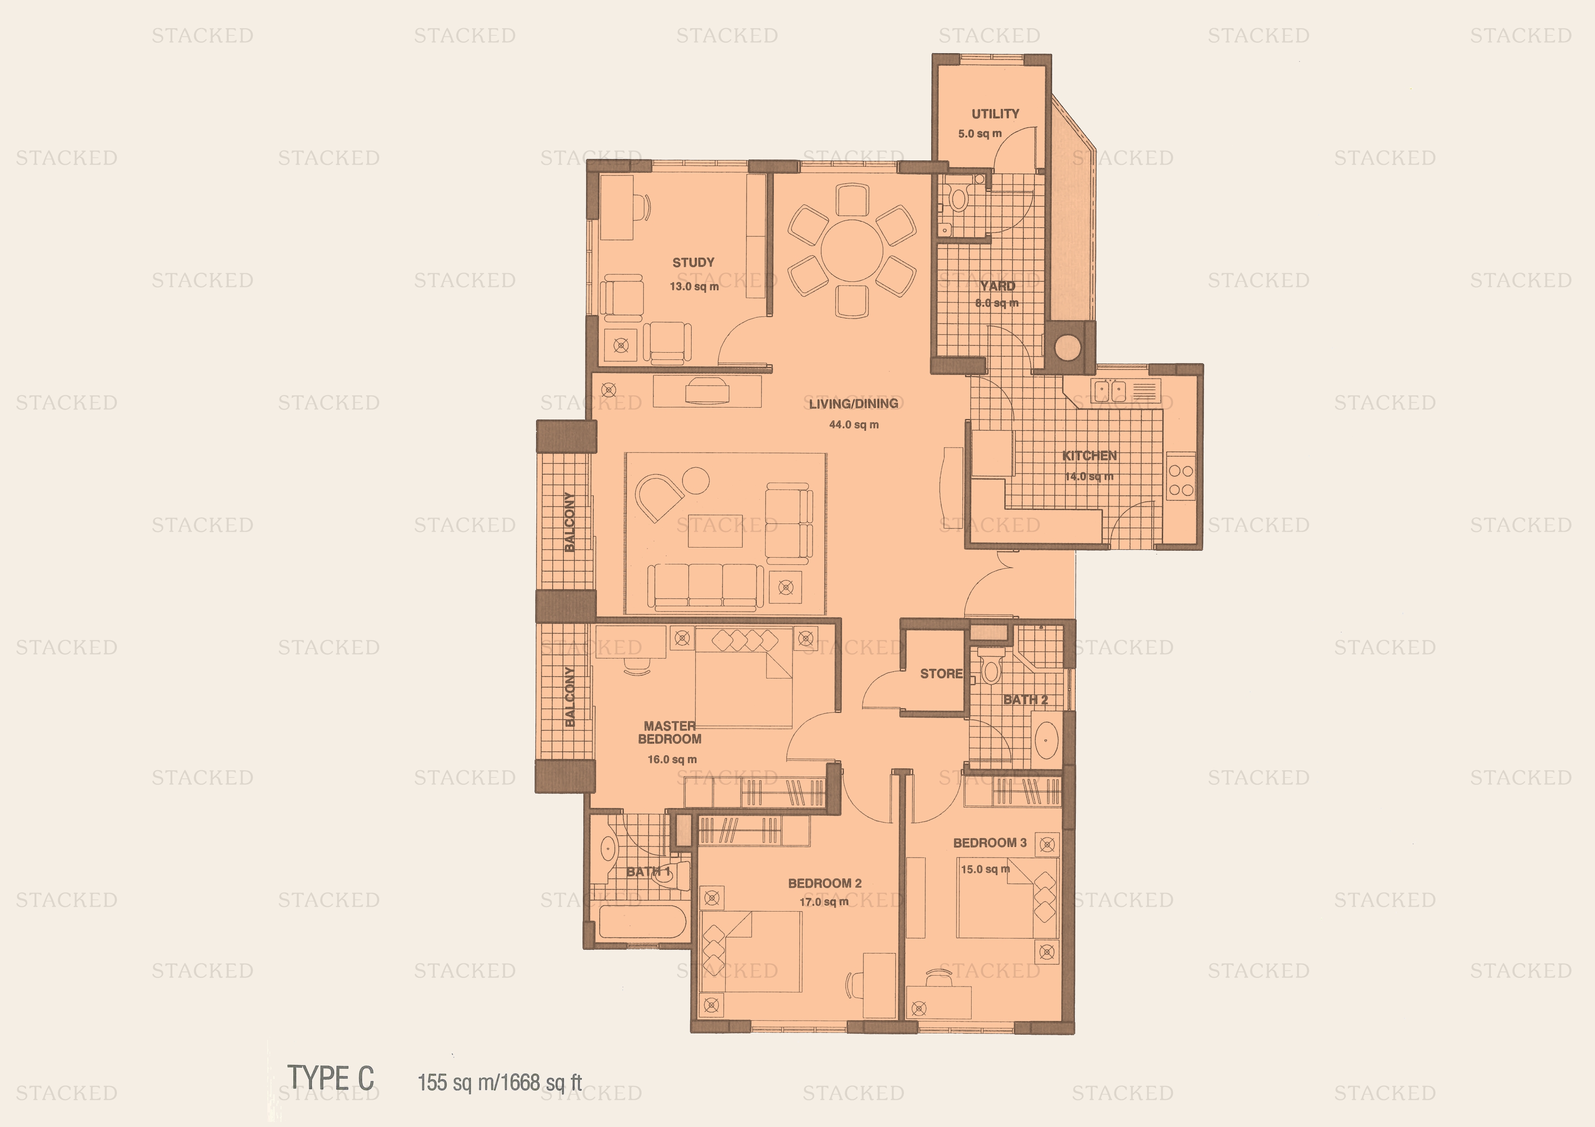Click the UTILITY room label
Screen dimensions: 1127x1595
(995, 114)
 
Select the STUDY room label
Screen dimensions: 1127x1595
(692, 263)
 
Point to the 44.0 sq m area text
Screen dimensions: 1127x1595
(853, 424)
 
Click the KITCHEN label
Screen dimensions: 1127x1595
(1089, 455)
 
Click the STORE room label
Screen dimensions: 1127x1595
(941, 673)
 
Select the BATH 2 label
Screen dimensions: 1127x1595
(1025, 699)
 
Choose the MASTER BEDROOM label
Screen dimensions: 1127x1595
(669, 733)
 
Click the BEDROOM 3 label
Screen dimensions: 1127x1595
(989, 843)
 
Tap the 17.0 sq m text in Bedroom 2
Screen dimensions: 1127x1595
(823, 902)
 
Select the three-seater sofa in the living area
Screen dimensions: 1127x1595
(705, 587)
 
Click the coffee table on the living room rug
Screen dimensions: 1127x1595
(715, 531)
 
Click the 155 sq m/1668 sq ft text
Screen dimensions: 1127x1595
(499, 1082)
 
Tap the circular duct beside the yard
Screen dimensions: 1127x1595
(1067, 347)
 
